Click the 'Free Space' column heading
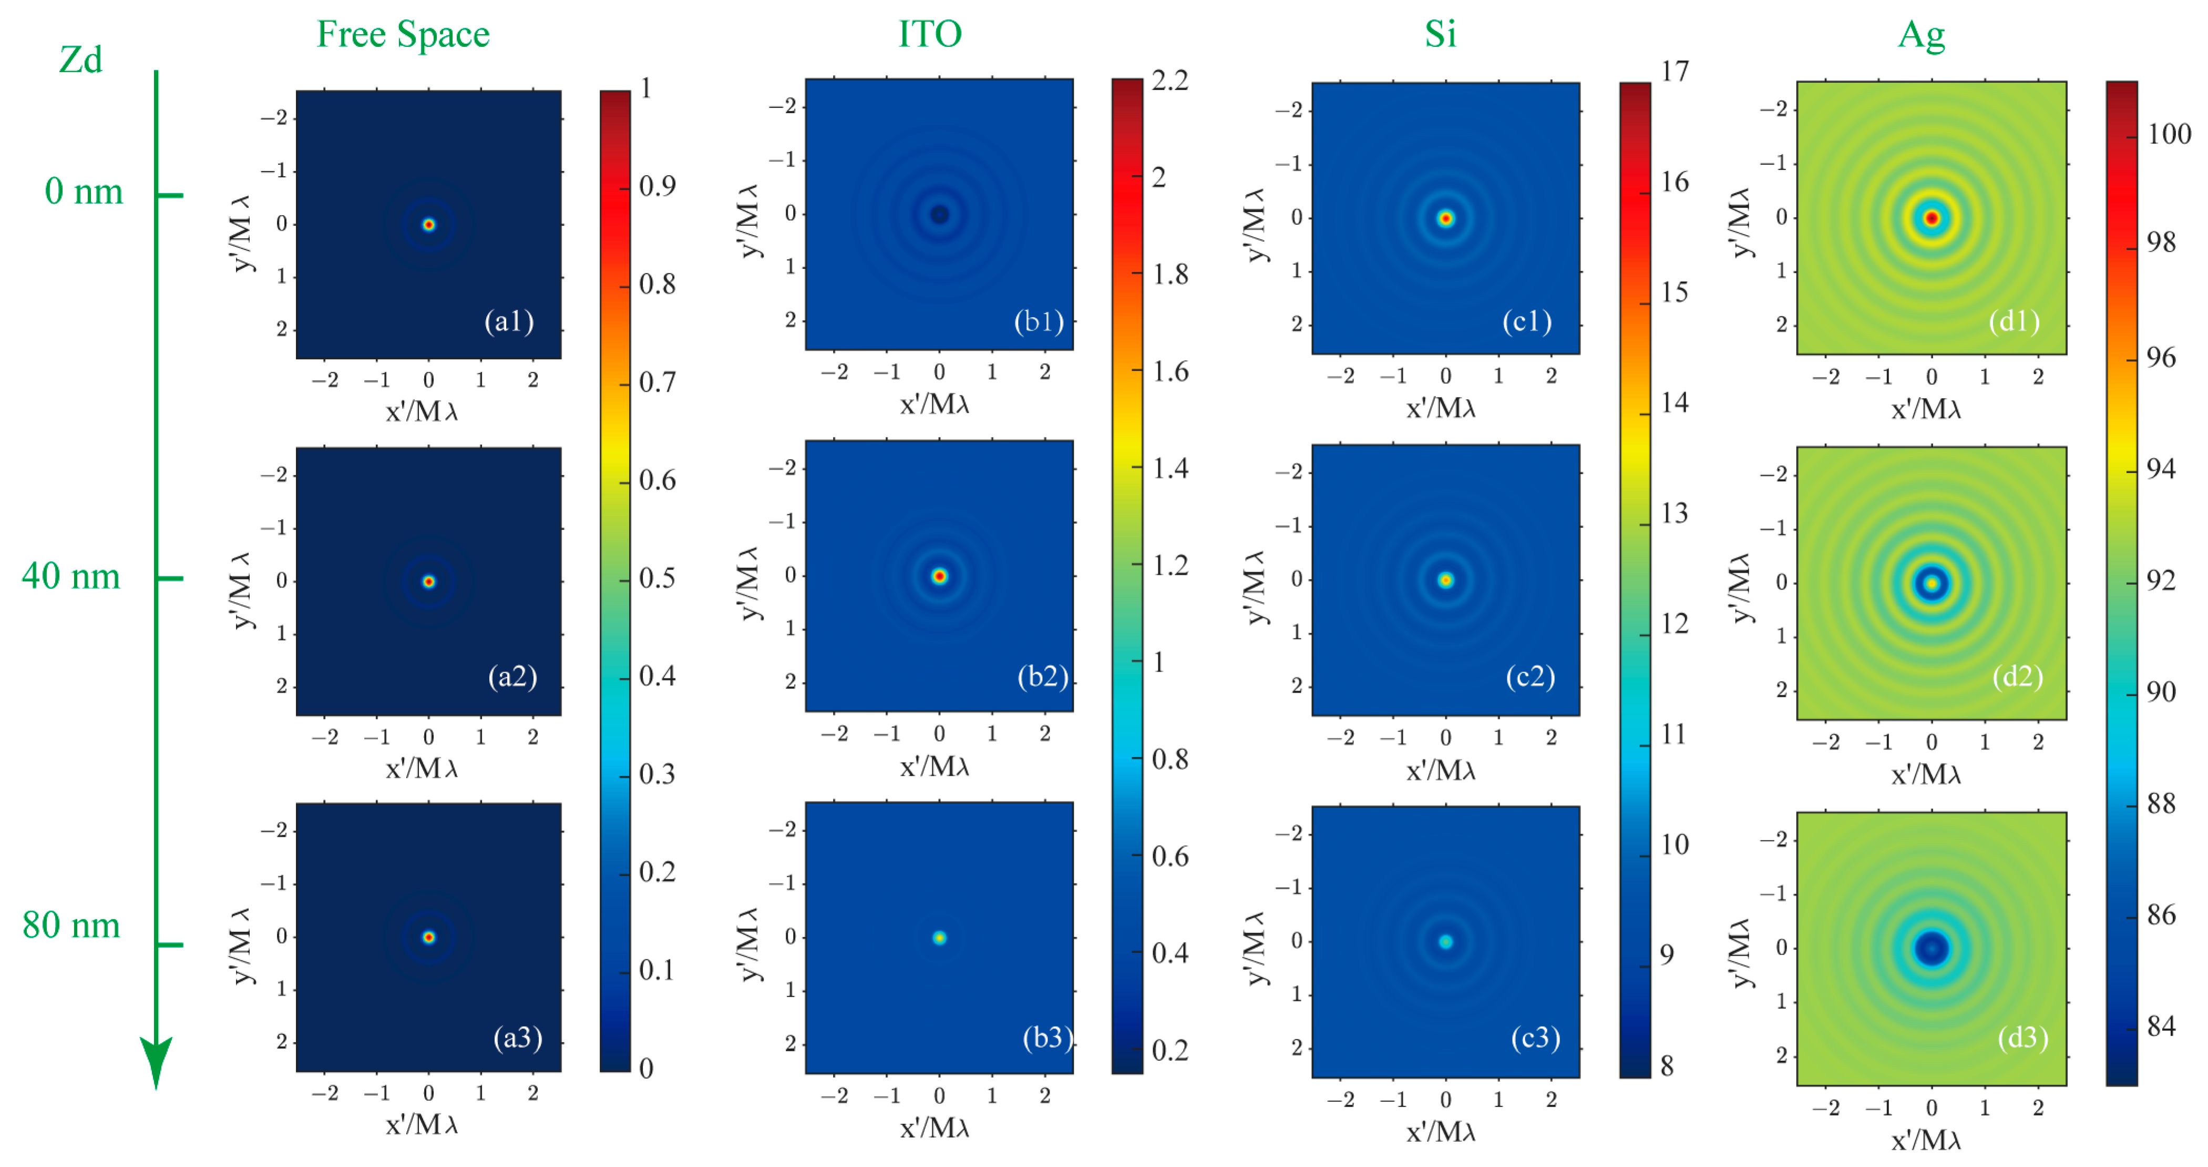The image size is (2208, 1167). pos(403,34)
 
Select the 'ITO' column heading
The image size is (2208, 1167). pos(930,34)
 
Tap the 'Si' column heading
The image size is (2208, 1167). pos(1440,34)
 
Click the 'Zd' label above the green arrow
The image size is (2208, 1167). pos(80,60)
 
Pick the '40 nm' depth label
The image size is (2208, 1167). pos(71,576)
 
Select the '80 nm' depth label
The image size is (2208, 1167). pos(71,925)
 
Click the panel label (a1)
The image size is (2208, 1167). pos(509,321)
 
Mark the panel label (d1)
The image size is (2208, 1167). pos(2014,321)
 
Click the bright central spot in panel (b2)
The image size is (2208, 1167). pos(939,576)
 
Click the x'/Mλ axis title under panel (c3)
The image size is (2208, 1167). pos(1441,1132)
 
